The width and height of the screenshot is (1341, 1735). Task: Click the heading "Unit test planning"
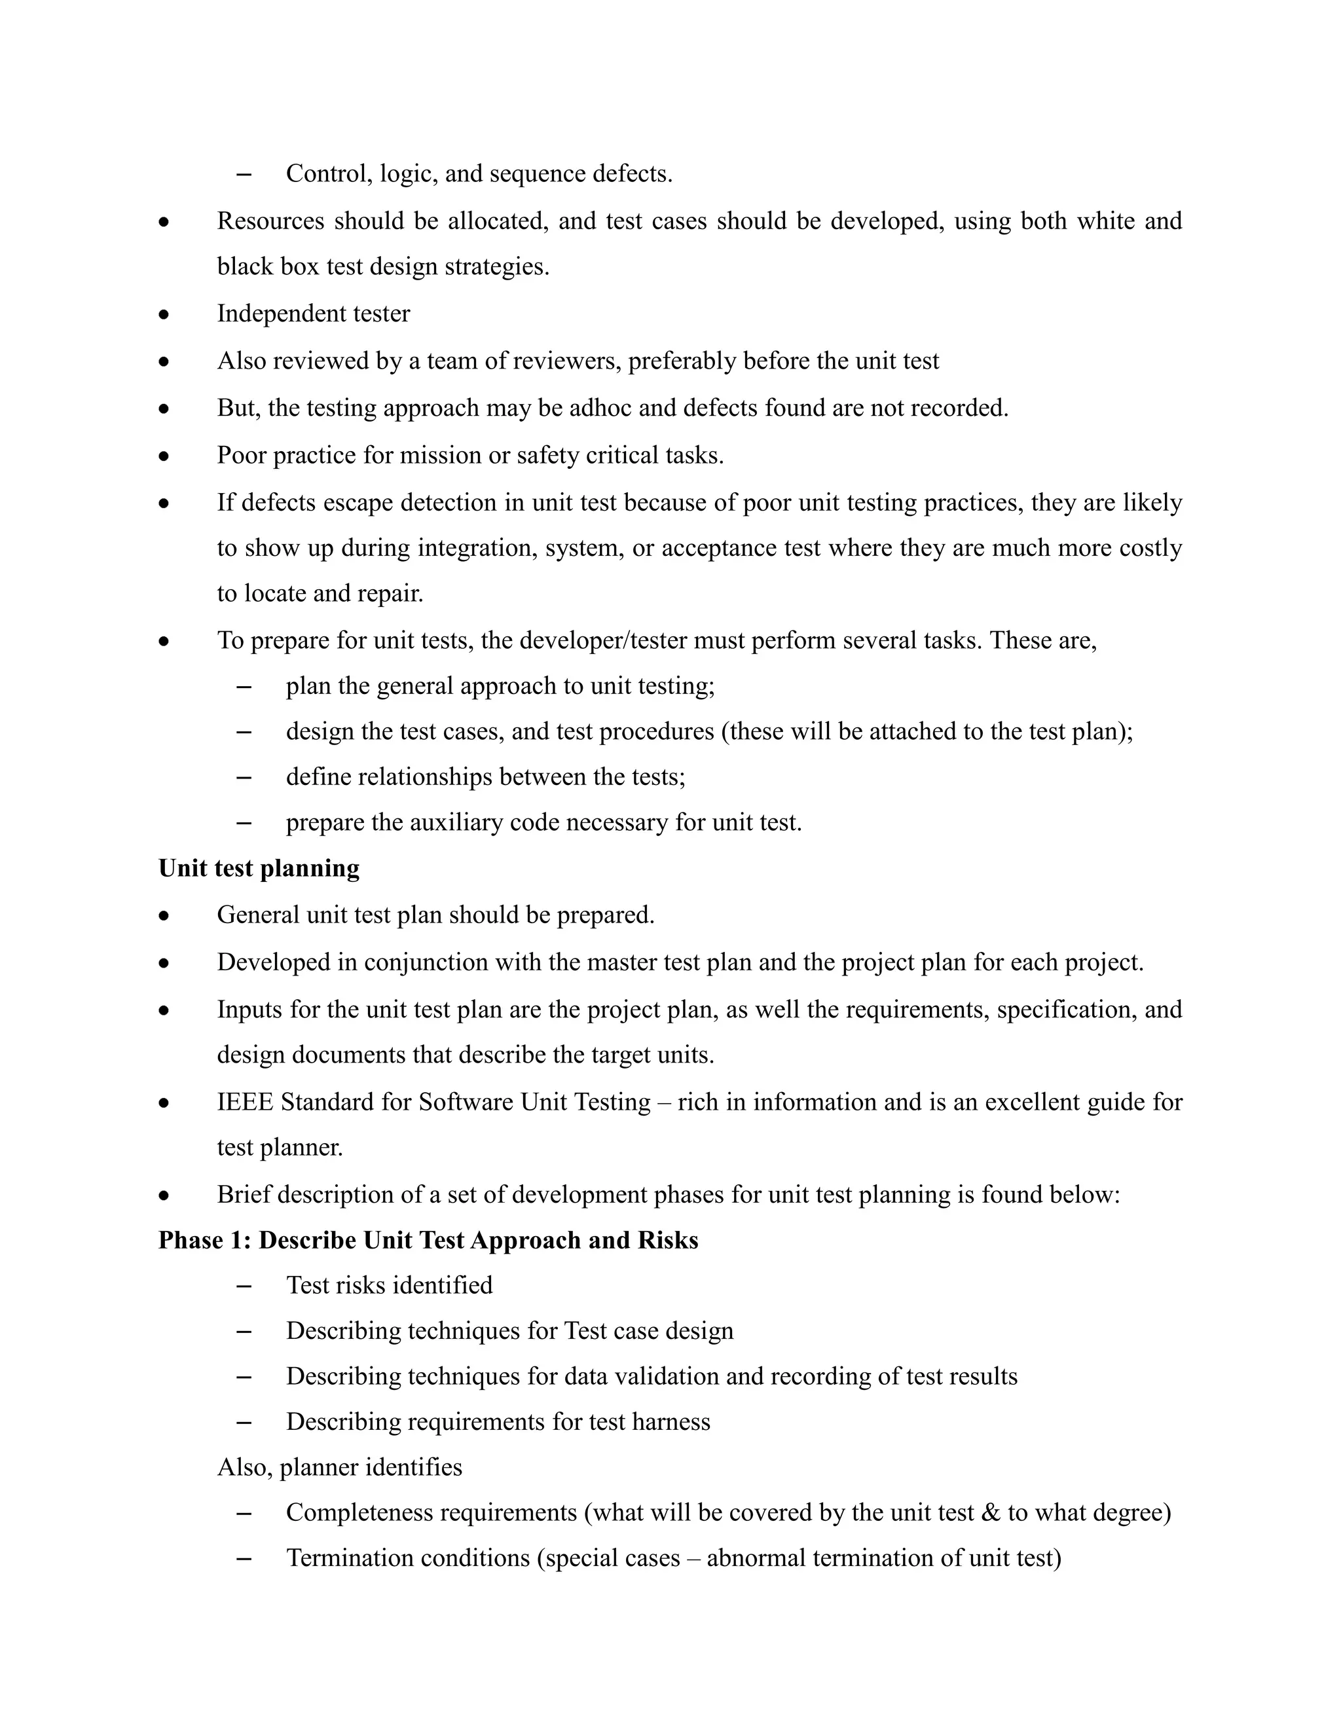[259, 868]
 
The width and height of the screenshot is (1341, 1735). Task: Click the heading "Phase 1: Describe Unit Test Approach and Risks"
[428, 1240]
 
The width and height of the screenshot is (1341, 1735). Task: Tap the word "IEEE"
[245, 1102]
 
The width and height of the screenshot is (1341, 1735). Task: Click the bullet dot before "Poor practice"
[164, 456]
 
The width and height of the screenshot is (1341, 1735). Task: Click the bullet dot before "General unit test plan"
[164, 916]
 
